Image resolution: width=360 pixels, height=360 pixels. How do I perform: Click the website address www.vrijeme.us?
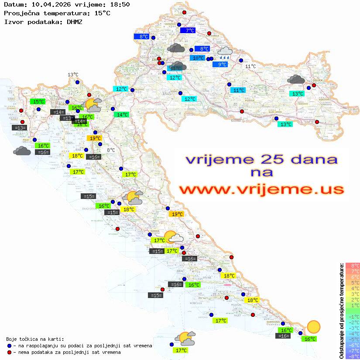[261, 190]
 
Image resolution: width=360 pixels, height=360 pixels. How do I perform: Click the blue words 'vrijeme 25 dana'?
[261, 159]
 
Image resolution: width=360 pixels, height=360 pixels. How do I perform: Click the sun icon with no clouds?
[313, 326]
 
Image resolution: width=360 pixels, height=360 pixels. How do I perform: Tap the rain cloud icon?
[225, 53]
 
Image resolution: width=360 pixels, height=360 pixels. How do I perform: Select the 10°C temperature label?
[198, 58]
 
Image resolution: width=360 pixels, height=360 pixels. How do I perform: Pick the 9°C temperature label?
[222, 65]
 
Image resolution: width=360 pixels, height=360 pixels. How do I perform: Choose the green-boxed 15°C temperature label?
[38, 101]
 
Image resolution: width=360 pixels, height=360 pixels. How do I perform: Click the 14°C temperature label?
[121, 115]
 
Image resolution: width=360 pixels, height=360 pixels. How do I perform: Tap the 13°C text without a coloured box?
[73, 75]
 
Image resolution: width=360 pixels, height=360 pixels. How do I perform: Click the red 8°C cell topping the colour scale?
[352, 265]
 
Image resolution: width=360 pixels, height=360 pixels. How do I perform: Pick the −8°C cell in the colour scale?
[352, 356]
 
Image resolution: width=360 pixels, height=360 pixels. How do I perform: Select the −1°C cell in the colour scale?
[352, 316]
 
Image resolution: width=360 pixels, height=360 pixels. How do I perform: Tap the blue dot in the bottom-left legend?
[10, 346]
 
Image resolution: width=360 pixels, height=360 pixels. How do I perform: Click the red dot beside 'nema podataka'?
[10, 352]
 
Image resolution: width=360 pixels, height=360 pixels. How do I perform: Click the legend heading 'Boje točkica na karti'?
[35, 339]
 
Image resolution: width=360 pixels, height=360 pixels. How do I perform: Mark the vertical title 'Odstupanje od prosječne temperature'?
[341, 311]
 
